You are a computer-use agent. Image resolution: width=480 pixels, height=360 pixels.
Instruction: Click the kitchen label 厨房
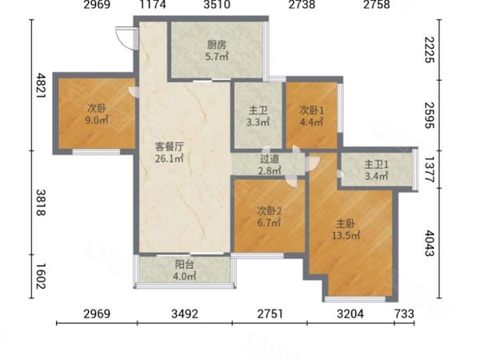click(x=217, y=46)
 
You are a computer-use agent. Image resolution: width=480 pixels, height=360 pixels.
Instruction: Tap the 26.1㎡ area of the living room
click(x=169, y=159)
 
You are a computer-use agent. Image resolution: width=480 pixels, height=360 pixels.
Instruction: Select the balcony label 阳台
click(x=184, y=265)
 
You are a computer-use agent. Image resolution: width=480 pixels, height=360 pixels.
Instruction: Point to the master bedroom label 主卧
click(x=346, y=224)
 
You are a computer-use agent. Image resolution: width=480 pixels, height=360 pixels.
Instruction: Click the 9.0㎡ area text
click(x=97, y=120)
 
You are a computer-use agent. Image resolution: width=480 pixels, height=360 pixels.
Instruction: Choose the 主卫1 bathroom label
click(x=376, y=165)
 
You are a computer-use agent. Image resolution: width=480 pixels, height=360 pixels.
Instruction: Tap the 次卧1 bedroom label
click(x=311, y=110)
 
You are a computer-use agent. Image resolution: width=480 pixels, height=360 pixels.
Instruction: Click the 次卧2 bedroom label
click(x=269, y=210)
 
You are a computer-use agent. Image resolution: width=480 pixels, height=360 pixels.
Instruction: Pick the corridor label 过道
click(x=270, y=159)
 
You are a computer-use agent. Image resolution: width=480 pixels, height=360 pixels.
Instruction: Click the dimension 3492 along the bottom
click(x=185, y=314)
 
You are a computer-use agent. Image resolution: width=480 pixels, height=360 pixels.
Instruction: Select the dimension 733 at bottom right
click(x=404, y=314)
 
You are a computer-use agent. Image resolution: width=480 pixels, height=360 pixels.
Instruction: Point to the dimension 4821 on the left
click(x=41, y=85)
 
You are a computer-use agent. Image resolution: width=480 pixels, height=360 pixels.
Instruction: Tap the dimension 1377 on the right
click(x=429, y=170)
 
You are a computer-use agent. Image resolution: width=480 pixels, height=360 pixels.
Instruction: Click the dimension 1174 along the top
click(x=153, y=4)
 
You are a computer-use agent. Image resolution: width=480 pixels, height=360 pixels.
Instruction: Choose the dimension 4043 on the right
click(x=429, y=243)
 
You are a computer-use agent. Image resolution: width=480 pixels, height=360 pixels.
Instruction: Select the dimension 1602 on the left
click(x=41, y=276)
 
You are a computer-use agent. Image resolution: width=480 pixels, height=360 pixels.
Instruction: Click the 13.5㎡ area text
click(x=346, y=235)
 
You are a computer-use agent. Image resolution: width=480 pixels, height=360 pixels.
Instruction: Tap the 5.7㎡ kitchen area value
click(x=217, y=57)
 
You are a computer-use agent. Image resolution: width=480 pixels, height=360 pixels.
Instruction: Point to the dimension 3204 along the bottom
click(x=350, y=314)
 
